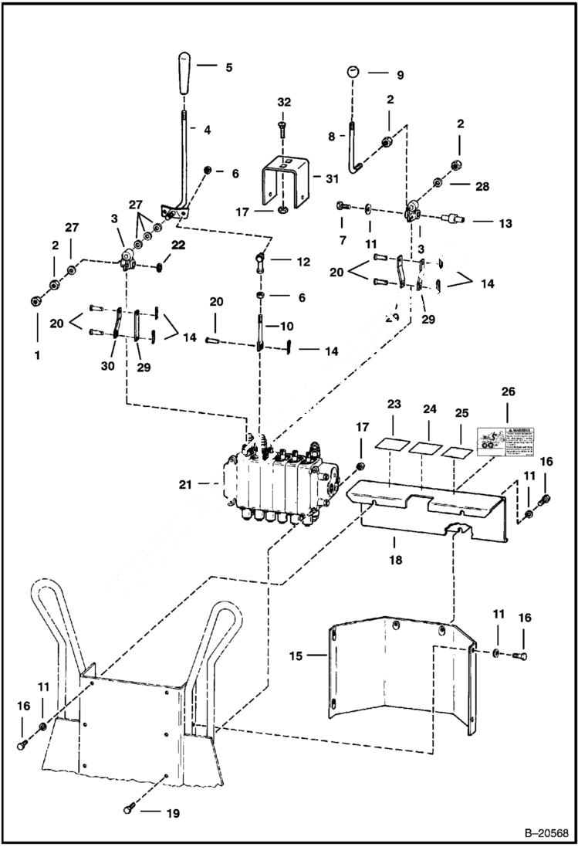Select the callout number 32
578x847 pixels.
[x=284, y=103]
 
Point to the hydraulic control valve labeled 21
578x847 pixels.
[x=282, y=483]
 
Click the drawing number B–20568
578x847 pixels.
[x=544, y=833]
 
